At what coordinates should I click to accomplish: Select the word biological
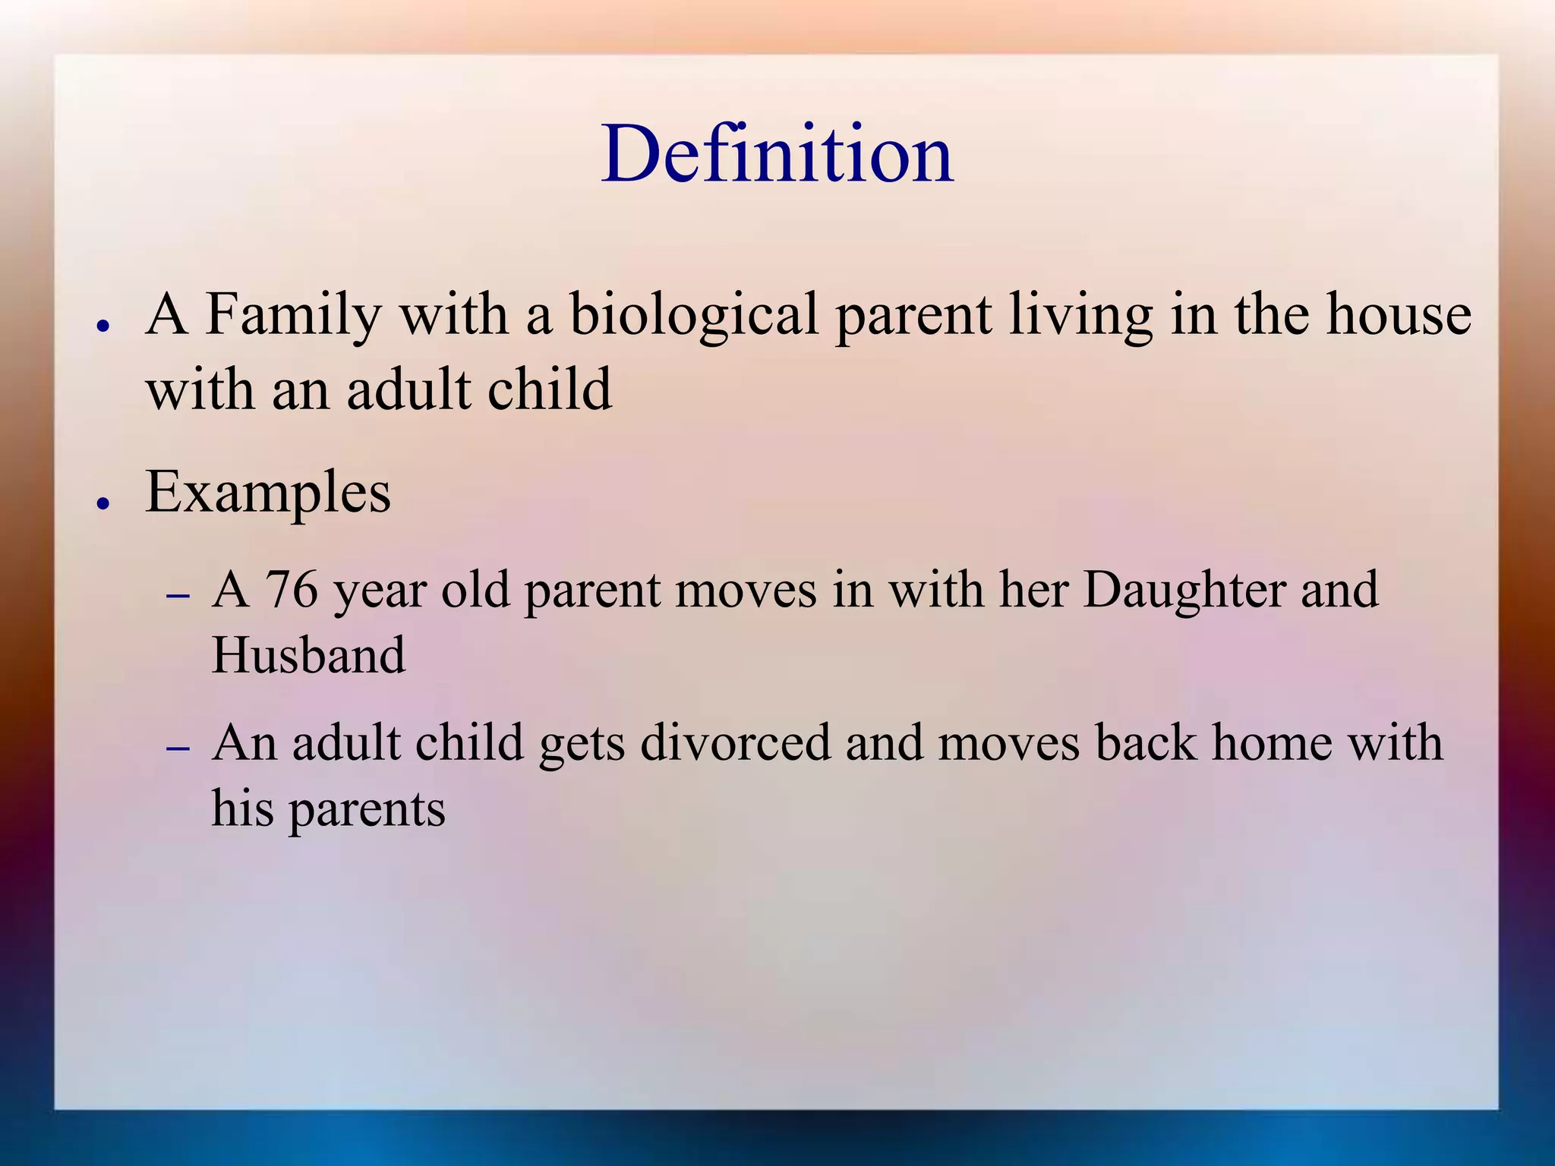point(694,314)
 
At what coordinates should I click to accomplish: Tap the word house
point(1399,314)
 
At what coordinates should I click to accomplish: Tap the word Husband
point(308,654)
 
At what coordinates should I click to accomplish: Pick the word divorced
point(736,742)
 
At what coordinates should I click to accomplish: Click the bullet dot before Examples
point(104,503)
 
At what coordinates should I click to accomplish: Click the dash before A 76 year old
point(178,596)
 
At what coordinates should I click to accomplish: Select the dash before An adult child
point(178,748)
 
